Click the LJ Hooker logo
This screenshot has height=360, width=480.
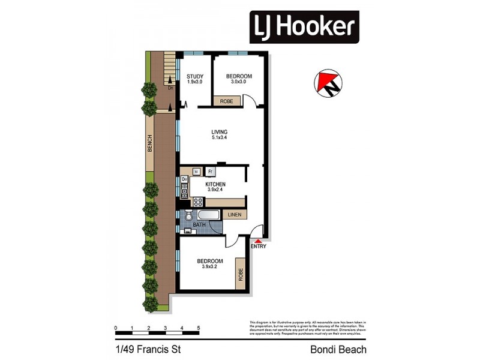[x=304, y=26]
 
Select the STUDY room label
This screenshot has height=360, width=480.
[x=194, y=76]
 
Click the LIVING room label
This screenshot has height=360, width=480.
[x=219, y=131]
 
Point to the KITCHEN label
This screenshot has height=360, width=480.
[x=216, y=184]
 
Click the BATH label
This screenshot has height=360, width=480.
[x=199, y=225]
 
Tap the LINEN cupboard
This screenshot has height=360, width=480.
[x=233, y=214]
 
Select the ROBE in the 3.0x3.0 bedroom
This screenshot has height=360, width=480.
[x=227, y=101]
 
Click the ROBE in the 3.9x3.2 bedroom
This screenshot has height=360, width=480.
[x=241, y=274]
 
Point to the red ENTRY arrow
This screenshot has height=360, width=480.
[x=258, y=240]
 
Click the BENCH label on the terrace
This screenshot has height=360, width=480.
[x=150, y=143]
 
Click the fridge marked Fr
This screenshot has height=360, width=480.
[x=211, y=172]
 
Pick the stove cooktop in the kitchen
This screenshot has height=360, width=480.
[x=197, y=202]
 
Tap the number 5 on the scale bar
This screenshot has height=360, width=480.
[x=199, y=328]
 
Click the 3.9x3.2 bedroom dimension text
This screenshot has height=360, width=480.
[x=210, y=268]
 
